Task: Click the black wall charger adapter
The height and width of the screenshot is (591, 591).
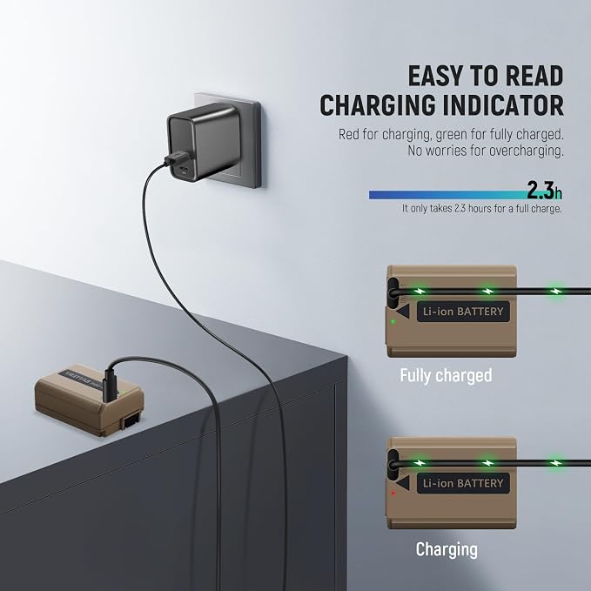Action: pyautogui.click(x=204, y=143)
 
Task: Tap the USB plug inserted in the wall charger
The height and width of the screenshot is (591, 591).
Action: pyautogui.click(x=175, y=158)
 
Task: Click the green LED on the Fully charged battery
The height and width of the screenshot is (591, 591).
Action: pyautogui.click(x=393, y=322)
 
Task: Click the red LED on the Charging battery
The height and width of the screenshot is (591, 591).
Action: pyautogui.click(x=393, y=493)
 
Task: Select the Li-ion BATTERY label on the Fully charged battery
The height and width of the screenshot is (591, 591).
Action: pyautogui.click(x=463, y=312)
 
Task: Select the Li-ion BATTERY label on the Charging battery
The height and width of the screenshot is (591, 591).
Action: pyautogui.click(x=463, y=483)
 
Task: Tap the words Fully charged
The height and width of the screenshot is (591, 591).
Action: pyautogui.click(x=446, y=375)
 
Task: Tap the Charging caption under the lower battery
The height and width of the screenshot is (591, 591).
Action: pyautogui.click(x=447, y=549)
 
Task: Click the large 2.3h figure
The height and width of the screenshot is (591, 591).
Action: pyautogui.click(x=544, y=190)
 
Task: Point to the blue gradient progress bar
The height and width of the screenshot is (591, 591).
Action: pyautogui.click(x=448, y=194)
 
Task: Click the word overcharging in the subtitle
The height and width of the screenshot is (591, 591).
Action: pyautogui.click(x=527, y=151)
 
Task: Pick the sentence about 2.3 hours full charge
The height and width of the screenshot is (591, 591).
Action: pyautogui.click(x=481, y=208)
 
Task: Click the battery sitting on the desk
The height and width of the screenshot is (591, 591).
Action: pyautogui.click(x=89, y=400)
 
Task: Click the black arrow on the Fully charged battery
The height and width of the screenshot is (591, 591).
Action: pyautogui.click(x=403, y=312)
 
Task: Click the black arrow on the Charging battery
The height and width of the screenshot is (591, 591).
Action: pyautogui.click(x=403, y=483)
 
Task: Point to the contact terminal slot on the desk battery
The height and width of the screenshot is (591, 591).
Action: pyautogui.click(x=132, y=420)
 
